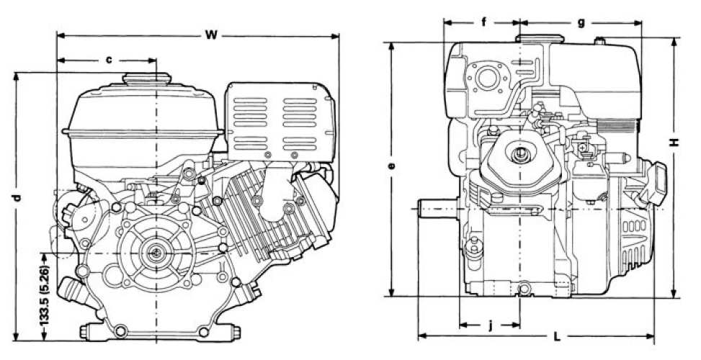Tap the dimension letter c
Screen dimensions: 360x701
110,60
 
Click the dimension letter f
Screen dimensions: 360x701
483,22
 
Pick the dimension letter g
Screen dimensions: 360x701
581,22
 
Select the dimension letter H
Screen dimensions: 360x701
675,143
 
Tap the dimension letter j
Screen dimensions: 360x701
490,325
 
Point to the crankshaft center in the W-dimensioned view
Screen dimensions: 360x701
156,253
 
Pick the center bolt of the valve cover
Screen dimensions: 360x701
519,153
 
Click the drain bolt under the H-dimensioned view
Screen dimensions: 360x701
523,290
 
